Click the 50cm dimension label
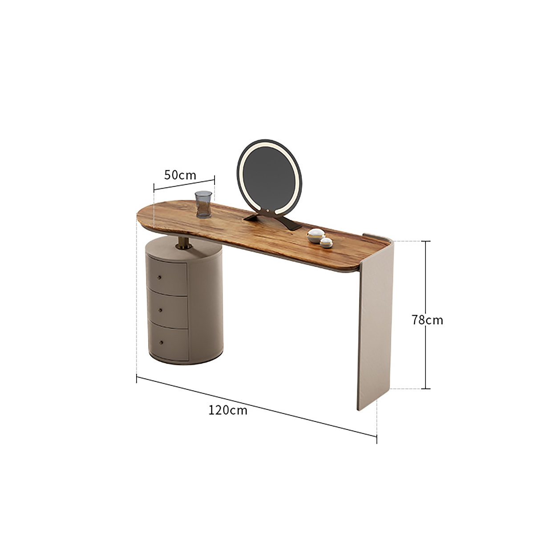tap(180, 175)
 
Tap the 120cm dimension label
tap(228, 410)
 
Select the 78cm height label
tap(427, 320)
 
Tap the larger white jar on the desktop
tap(316, 235)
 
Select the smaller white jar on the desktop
tap(327, 243)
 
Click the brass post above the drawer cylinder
tap(184, 242)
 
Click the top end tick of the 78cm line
tap(426, 241)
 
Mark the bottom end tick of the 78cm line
tap(426, 388)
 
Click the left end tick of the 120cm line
tap(137, 378)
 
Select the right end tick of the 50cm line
tap(214, 179)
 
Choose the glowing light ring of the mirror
tap(241, 169)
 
